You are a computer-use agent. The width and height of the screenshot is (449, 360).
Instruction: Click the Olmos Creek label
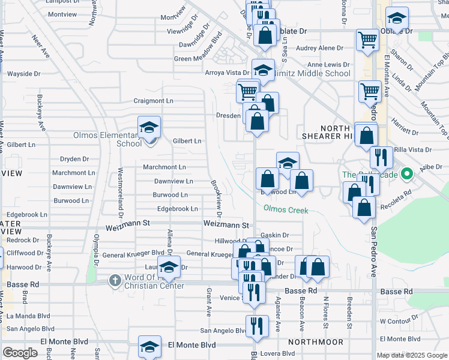click(x=286, y=210)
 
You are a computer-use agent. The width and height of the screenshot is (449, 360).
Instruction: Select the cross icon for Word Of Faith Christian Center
click(x=115, y=280)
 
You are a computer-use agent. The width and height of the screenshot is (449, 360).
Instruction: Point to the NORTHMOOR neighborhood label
click(x=315, y=342)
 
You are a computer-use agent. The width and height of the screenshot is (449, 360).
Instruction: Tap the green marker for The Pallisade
click(x=408, y=175)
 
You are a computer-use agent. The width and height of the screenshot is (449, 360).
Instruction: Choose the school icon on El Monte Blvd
click(x=149, y=347)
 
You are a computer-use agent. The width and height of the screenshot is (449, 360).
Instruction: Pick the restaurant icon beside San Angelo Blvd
click(x=258, y=326)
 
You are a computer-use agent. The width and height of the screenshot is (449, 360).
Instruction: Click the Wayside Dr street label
click(x=23, y=74)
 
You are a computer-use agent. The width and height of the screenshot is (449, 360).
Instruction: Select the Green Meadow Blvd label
click(x=199, y=59)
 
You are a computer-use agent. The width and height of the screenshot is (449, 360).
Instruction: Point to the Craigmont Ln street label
click(x=153, y=101)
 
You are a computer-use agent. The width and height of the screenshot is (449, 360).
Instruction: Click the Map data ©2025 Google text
click(x=412, y=355)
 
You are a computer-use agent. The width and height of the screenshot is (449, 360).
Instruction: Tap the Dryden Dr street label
click(x=74, y=159)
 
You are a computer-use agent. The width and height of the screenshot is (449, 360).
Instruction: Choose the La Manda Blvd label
click(x=28, y=315)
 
